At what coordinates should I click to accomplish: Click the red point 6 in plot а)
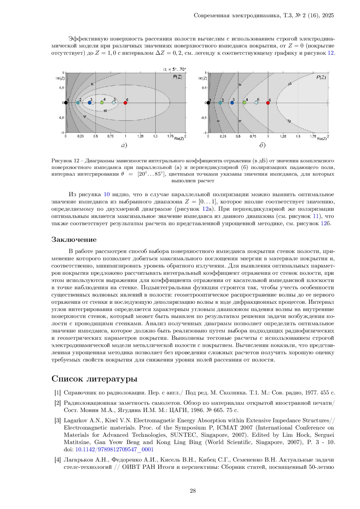click(x=125, y=103)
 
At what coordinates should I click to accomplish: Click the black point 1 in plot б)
click(x=208, y=103)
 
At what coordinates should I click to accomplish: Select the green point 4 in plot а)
click(x=102, y=103)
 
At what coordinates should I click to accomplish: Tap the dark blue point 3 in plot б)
click(x=232, y=103)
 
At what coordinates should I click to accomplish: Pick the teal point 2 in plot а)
click(x=78, y=103)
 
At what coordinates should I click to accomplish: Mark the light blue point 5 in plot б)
click(x=256, y=103)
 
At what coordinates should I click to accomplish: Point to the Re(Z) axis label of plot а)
click(x=179, y=138)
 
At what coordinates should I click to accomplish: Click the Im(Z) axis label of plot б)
click(x=202, y=79)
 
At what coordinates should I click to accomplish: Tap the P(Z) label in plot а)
click(x=177, y=77)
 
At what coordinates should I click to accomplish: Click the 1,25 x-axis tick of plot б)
click(x=283, y=136)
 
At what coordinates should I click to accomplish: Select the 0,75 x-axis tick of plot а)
click(x=110, y=136)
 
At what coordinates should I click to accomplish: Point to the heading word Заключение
click(x=74, y=240)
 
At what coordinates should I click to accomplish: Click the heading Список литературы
click(x=94, y=379)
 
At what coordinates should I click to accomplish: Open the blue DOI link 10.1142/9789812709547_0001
click(x=114, y=449)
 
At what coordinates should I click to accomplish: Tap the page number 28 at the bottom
click(x=193, y=491)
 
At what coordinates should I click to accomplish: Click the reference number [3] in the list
click(x=57, y=421)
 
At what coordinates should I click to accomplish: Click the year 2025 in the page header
click(x=328, y=16)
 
